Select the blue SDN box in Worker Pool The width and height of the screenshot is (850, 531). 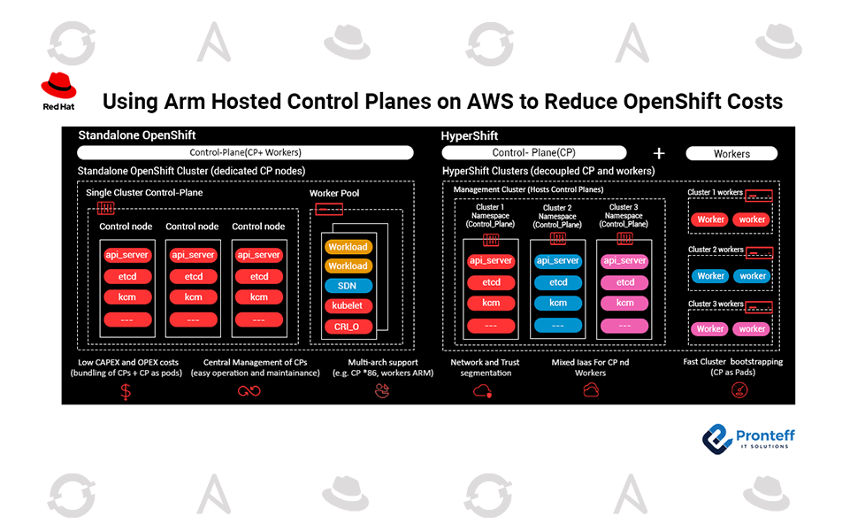tap(348, 286)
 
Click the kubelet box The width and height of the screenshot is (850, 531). tap(348, 306)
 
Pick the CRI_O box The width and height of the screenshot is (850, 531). tap(348, 326)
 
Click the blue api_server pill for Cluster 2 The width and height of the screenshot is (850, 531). tap(558, 261)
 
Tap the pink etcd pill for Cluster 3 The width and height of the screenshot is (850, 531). tap(625, 282)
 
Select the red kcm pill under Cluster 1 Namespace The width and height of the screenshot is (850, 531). tap(491, 303)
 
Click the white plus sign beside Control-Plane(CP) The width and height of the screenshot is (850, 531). tap(658, 153)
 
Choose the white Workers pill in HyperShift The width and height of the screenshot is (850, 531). tap(731, 153)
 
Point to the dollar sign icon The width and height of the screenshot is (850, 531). tap(126, 391)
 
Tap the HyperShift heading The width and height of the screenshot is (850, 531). tap(470, 135)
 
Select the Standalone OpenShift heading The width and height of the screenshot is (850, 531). tap(137, 135)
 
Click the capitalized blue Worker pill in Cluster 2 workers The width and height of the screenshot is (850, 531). tap(710, 276)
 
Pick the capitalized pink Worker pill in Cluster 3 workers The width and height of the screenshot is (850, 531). tap(710, 329)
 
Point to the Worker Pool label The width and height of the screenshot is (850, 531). tap(334, 194)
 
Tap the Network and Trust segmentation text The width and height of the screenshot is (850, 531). tap(486, 367)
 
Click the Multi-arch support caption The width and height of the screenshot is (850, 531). tap(381, 362)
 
